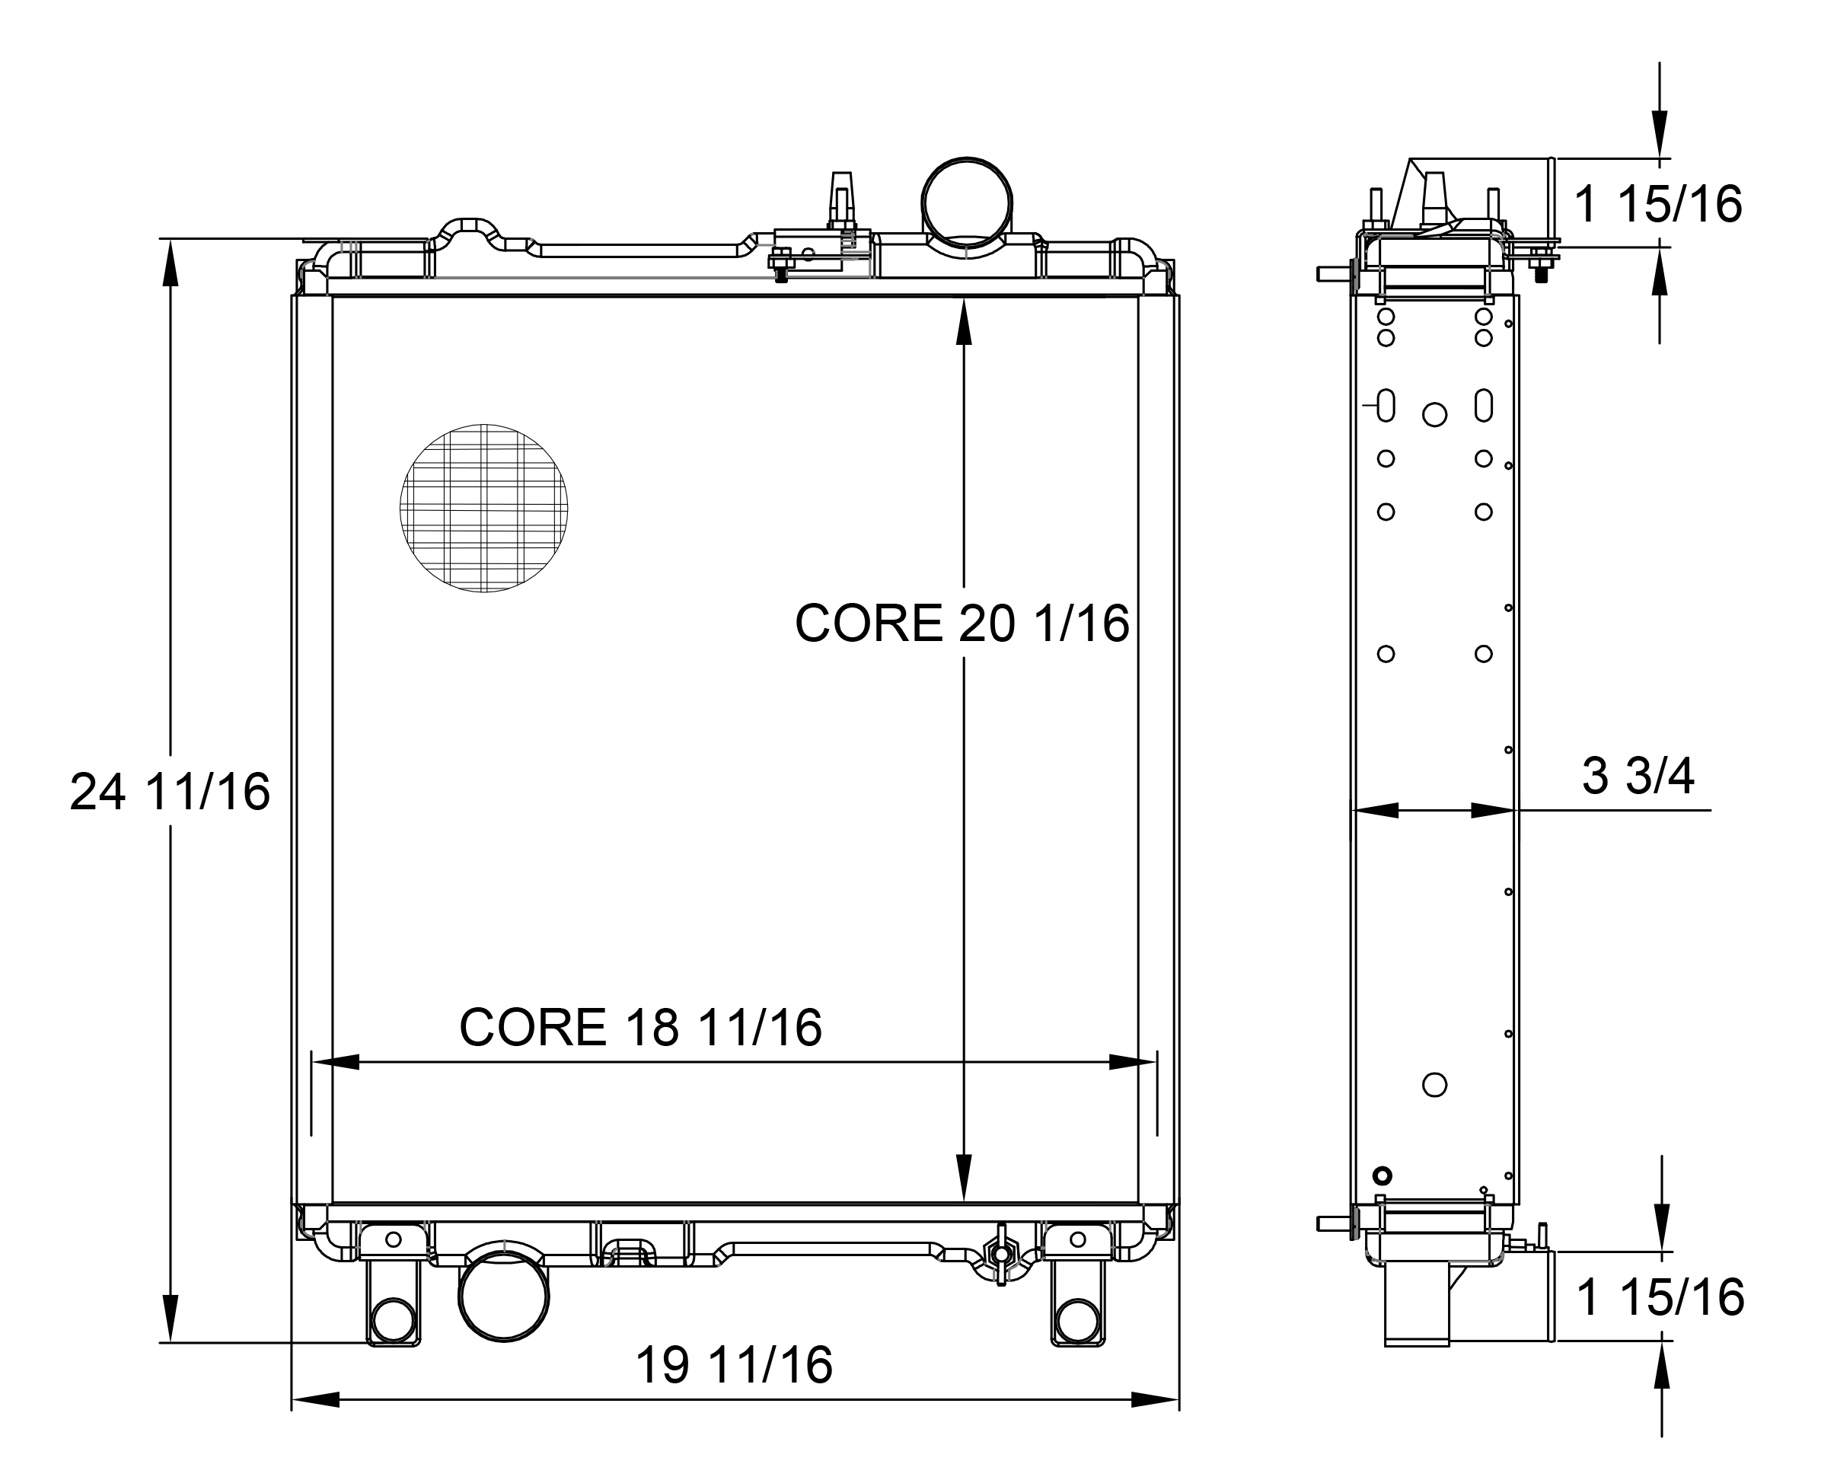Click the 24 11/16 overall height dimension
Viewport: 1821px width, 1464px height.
169,793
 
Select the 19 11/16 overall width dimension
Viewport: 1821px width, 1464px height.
733,1365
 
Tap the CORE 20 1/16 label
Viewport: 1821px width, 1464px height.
962,624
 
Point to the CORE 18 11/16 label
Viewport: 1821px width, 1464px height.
639,1027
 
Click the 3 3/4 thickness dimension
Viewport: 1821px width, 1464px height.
1637,777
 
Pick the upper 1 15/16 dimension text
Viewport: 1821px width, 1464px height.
1657,205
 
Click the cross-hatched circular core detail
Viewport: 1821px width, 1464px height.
483,508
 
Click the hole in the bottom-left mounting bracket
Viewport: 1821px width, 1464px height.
393,1320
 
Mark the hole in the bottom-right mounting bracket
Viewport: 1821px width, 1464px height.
1078,1320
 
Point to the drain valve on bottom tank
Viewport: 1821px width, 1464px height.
1001,1253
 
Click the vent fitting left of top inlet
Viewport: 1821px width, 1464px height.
840,203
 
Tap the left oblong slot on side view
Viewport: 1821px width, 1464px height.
1386,406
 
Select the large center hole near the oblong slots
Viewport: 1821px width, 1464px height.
1434,414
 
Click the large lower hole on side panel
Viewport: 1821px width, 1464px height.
1434,1085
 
